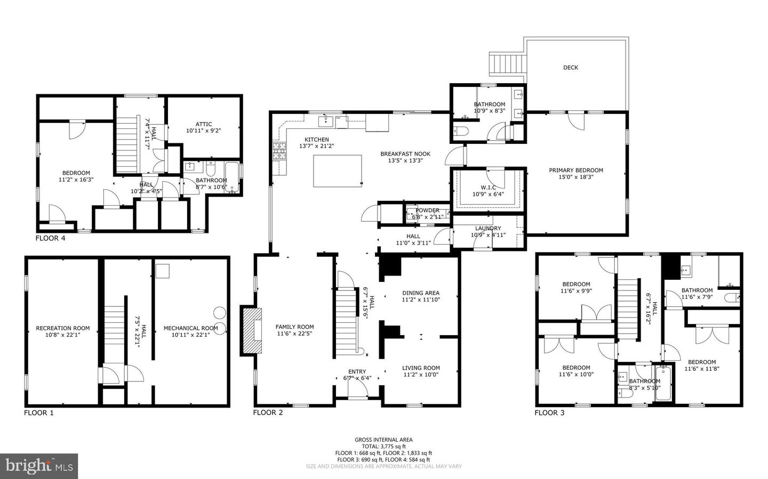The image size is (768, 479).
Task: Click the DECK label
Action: coord(570,68)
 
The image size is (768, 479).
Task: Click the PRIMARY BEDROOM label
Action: coord(576,171)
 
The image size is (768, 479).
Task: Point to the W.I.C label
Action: coord(489,187)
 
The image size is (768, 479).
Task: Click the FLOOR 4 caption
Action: coord(50,238)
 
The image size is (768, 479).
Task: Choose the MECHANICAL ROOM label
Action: coord(190,328)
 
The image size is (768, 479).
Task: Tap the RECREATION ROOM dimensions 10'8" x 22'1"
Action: coord(62,336)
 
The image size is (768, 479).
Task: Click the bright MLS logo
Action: coord(39,466)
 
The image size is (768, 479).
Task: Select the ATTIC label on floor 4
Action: coord(203,124)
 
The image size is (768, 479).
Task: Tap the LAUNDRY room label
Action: coord(488,229)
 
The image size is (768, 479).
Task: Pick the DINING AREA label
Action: coord(421,293)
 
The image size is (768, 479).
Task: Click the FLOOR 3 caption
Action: coord(549,412)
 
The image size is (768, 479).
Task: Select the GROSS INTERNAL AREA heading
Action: coord(383,440)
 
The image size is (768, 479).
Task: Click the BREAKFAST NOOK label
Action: coord(405,154)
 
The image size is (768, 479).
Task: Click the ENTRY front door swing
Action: coord(357,391)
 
